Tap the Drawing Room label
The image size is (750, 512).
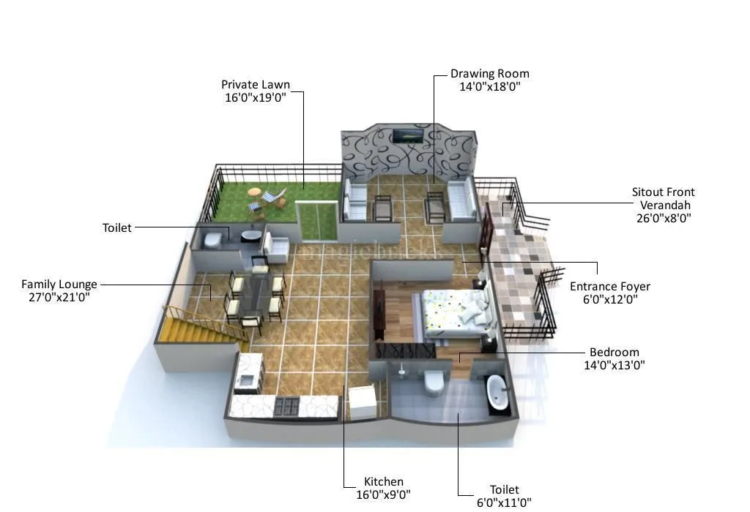click(x=489, y=74)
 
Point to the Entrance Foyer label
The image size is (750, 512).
click(x=610, y=287)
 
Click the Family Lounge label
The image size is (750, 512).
click(x=59, y=284)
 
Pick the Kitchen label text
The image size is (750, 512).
click(x=384, y=481)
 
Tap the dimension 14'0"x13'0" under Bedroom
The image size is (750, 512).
click(x=615, y=365)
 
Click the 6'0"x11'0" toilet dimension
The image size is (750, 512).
click(x=504, y=502)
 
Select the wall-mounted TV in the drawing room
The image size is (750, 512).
click(x=407, y=135)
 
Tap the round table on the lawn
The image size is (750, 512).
click(x=255, y=192)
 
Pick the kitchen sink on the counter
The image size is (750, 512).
click(x=248, y=379)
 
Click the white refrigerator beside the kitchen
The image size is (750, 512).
click(x=362, y=402)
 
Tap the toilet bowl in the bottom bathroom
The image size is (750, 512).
click(x=434, y=381)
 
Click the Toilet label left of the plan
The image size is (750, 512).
click(x=117, y=228)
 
